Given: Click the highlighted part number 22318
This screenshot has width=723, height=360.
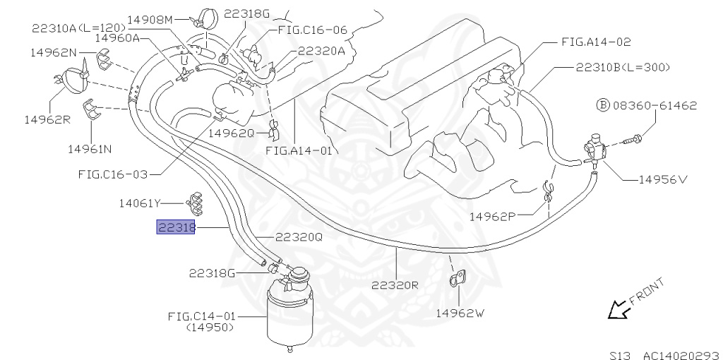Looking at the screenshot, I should (175, 227).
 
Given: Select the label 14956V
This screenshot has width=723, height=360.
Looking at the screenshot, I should (662, 179).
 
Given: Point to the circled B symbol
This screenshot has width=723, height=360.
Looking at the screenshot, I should (602, 106).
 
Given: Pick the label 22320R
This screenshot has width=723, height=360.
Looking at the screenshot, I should (395, 285).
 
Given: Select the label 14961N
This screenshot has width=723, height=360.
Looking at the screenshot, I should (91, 149).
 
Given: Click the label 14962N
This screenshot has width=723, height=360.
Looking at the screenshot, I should (53, 52).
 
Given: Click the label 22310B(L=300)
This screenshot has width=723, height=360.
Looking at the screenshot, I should (622, 67).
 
